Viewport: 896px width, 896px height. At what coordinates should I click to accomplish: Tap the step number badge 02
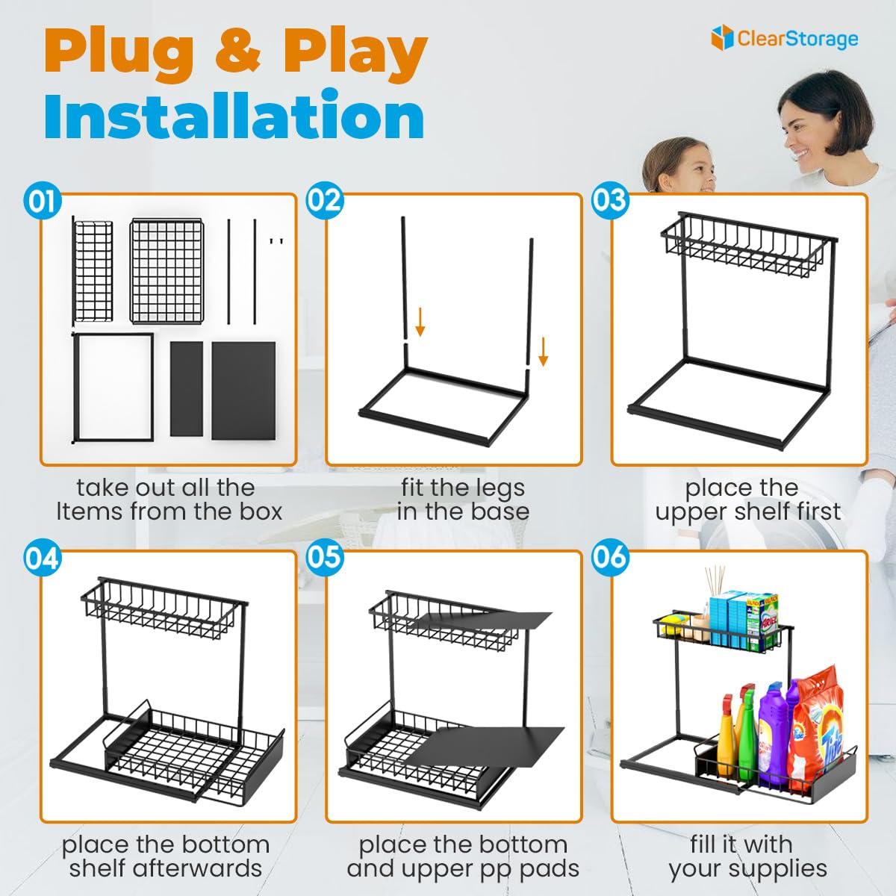click(325, 201)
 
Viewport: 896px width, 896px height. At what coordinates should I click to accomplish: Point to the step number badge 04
click(43, 559)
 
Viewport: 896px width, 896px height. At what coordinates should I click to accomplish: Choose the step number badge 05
click(325, 557)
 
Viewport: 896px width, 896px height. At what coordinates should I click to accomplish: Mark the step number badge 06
click(610, 557)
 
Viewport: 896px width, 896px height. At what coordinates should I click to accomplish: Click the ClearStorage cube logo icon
click(722, 37)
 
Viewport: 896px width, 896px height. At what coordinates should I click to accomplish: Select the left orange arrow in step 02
click(420, 321)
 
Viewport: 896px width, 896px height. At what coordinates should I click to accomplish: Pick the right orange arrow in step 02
click(543, 352)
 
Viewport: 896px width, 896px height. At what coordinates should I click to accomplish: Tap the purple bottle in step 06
click(774, 732)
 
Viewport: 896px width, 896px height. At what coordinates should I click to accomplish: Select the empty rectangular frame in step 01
click(113, 388)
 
